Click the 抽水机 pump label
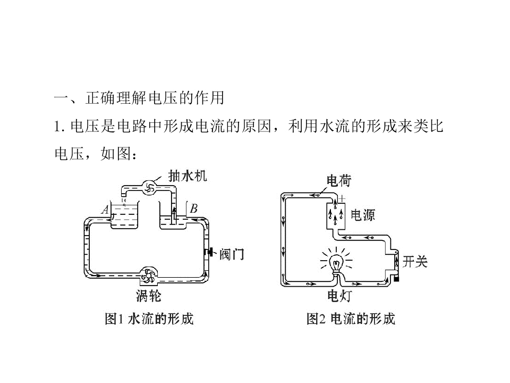pyautogui.click(x=188, y=176)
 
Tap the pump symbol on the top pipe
pyautogui.click(x=150, y=188)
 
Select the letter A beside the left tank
pyautogui.click(x=105, y=210)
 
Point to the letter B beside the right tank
pyautogui.click(x=193, y=209)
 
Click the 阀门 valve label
pyautogui.click(x=232, y=254)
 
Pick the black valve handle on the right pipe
pyautogui.click(x=210, y=252)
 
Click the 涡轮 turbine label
pyautogui.click(x=149, y=296)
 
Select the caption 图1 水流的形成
pyautogui.click(x=149, y=319)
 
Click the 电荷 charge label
pyautogui.click(x=339, y=181)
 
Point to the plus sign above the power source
pyautogui.click(x=342, y=198)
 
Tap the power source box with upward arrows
pyautogui.click(x=336, y=216)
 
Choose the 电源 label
pyautogui.click(x=363, y=215)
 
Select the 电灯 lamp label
pyautogui.click(x=339, y=296)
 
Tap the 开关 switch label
pyautogui.click(x=415, y=262)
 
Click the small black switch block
pyautogui.click(x=396, y=279)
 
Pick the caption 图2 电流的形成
pyautogui.click(x=351, y=319)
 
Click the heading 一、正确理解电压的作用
pyautogui.click(x=139, y=98)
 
